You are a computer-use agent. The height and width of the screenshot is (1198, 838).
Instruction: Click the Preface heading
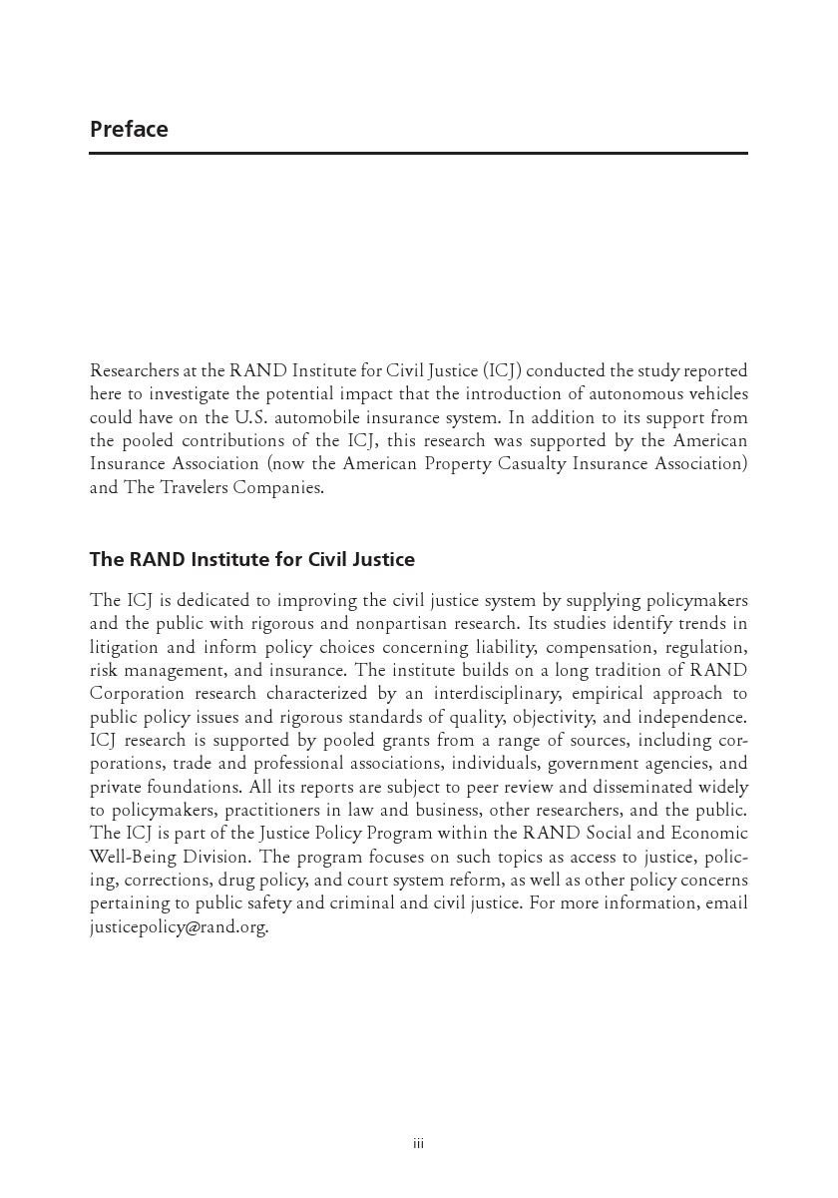pos(129,130)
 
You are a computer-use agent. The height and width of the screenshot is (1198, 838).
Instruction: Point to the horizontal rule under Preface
pos(418,154)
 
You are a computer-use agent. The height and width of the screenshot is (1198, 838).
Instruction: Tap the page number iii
pos(419,1143)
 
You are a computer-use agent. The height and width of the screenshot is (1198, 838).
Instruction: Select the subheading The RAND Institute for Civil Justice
pos(251,560)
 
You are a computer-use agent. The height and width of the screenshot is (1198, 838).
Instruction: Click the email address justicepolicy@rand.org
pos(179,926)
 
